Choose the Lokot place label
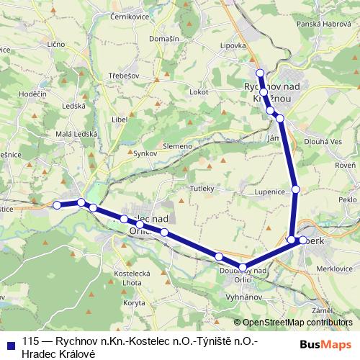pos(199,92)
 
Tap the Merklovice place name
pos(328,268)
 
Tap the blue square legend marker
pos(9,343)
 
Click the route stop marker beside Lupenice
pos(295,189)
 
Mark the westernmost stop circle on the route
pos(57,205)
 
